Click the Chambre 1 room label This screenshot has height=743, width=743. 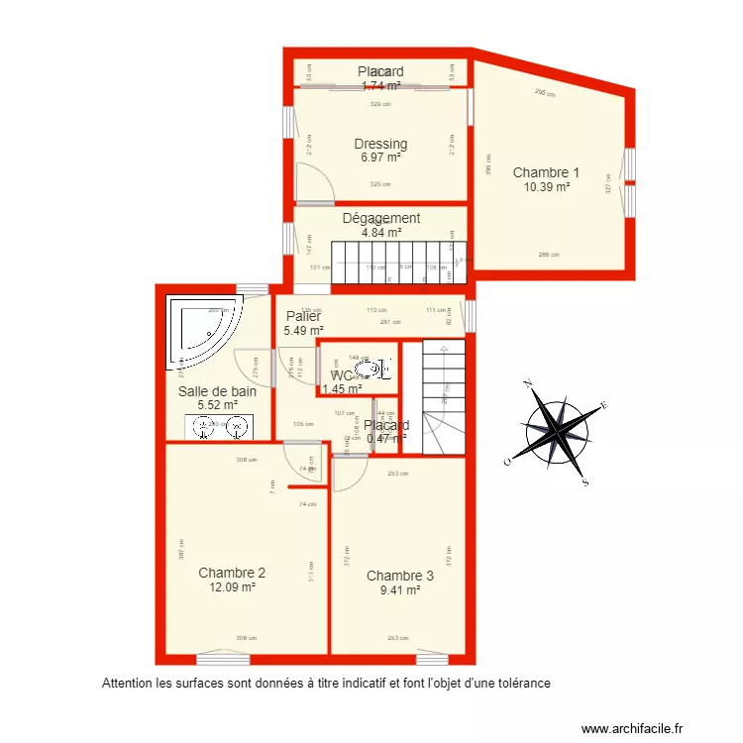pyautogui.click(x=546, y=172)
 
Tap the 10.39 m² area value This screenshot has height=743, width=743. pyautogui.click(x=546, y=186)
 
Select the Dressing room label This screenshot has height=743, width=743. pyautogui.click(x=380, y=144)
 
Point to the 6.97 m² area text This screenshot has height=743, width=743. pyautogui.click(x=380, y=158)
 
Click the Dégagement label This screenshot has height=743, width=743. pyautogui.click(x=381, y=218)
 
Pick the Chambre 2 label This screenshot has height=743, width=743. pyautogui.click(x=232, y=573)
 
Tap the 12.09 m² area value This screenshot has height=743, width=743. pyautogui.click(x=232, y=586)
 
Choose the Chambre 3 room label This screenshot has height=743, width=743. pyautogui.click(x=400, y=576)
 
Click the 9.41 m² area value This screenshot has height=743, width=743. pyautogui.click(x=400, y=589)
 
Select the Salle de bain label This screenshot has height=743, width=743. pyautogui.click(x=217, y=391)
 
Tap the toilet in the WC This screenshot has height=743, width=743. pyautogui.click(x=369, y=371)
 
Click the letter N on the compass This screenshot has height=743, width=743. pyautogui.click(x=529, y=382)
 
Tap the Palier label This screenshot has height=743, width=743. pyautogui.click(x=302, y=316)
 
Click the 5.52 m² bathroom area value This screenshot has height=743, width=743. pyautogui.click(x=217, y=405)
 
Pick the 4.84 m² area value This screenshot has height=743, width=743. pyautogui.click(x=381, y=233)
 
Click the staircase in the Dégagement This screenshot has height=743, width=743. pyautogui.click(x=396, y=262)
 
